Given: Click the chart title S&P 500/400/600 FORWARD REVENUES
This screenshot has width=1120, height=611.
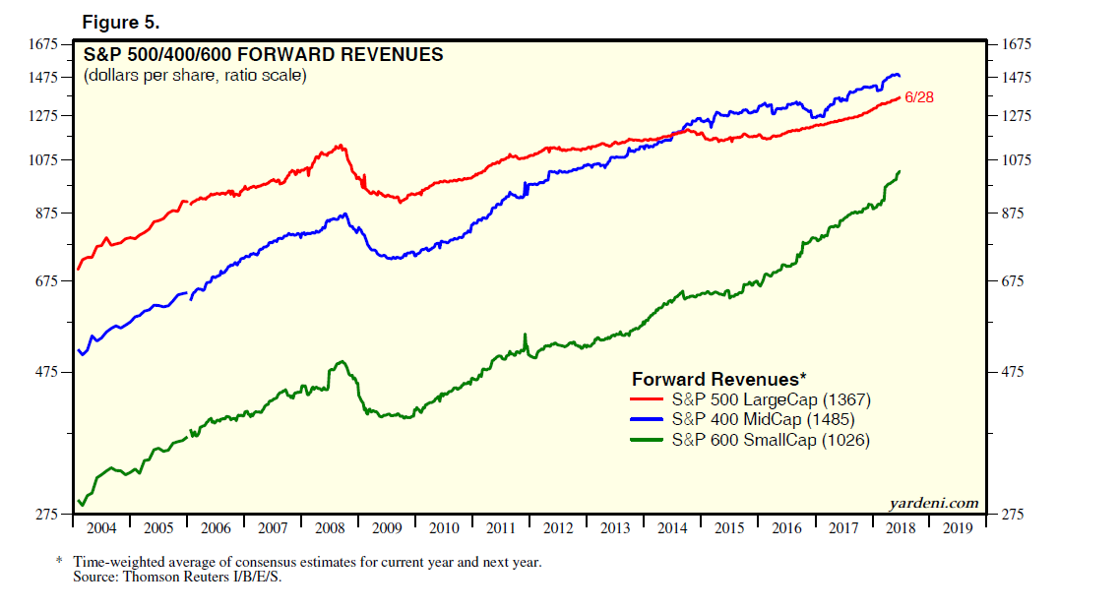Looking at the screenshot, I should pos(264,54).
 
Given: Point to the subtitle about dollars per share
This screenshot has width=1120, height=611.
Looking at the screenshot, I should pos(195,76).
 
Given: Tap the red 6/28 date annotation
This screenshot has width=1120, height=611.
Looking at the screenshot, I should pos(918,96).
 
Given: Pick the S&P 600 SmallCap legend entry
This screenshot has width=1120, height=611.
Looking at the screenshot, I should pos(771,441).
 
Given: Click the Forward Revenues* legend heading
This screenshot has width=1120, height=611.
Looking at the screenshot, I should pos(718,379).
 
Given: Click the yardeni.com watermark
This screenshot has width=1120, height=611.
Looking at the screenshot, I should pos(934,503).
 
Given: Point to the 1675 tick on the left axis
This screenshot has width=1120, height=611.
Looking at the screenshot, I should pos(45,44).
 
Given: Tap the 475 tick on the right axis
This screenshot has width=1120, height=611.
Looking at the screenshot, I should pos(1013,372).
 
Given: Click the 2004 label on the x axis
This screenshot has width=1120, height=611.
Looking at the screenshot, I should pos(101,528).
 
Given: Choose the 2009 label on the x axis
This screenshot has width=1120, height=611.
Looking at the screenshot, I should pos(387,528).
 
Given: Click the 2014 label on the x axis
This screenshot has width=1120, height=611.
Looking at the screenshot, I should pos(672,528).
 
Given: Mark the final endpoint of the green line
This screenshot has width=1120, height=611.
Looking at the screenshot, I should pos(900,171).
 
